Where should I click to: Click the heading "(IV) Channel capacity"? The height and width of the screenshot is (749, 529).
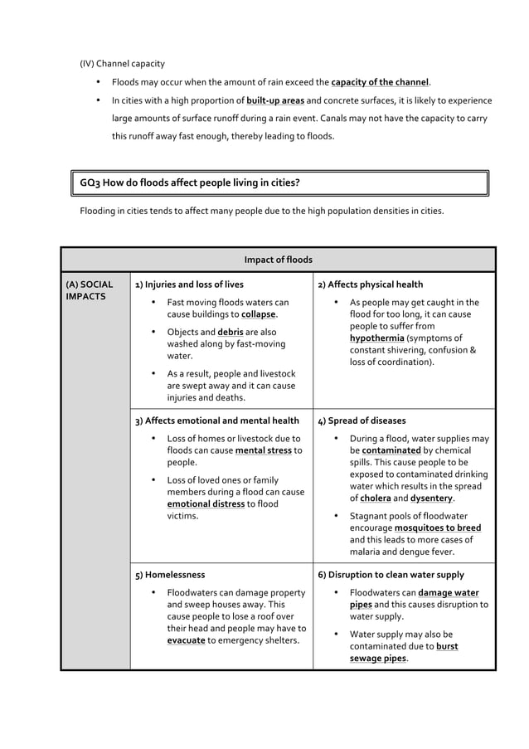pyautogui.click(x=122, y=63)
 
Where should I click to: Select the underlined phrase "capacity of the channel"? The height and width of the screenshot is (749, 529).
pyautogui.click(x=380, y=82)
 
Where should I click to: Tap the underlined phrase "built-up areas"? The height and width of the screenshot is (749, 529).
pyautogui.click(x=275, y=100)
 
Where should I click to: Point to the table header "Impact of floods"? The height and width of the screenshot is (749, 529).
pyautogui.click(x=278, y=260)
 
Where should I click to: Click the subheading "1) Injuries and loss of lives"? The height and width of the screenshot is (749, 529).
pyautogui.click(x=189, y=285)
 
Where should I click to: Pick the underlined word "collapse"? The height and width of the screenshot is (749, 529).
pyautogui.click(x=259, y=315)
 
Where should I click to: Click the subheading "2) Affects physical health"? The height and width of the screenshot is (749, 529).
pyautogui.click(x=370, y=285)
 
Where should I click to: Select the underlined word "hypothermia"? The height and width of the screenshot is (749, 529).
pyautogui.click(x=377, y=338)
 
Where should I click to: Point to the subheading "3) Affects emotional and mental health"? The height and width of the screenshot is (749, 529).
pyautogui.click(x=216, y=421)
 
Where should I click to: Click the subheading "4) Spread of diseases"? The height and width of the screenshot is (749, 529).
pyautogui.click(x=362, y=421)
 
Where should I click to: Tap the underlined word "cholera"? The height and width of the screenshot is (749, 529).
pyautogui.click(x=375, y=499)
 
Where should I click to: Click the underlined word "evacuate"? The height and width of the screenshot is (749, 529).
pyautogui.click(x=187, y=640)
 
